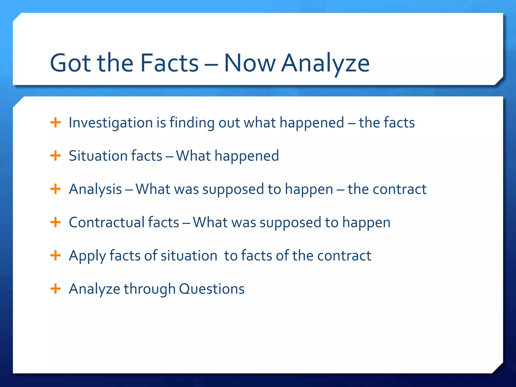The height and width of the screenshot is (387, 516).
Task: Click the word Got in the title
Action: point(70,63)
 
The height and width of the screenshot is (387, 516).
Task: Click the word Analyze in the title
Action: point(325,63)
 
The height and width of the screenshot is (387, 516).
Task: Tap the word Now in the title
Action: point(250,63)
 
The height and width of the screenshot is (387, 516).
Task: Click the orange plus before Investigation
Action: point(55,123)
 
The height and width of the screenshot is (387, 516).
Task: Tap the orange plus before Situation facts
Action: point(55,156)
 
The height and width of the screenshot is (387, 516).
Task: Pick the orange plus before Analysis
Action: point(55,189)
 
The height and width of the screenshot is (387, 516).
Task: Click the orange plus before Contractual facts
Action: point(55,222)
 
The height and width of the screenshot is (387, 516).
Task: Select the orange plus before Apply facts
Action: point(55,255)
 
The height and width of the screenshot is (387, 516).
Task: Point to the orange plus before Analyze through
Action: point(55,289)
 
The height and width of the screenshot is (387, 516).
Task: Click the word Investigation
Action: point(111,123)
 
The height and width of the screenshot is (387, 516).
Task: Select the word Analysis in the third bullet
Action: point(95,189)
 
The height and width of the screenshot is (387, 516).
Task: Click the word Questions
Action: point(212,289)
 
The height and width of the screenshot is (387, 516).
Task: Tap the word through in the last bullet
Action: point(150,289)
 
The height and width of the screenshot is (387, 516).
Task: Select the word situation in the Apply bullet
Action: point(189,255)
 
